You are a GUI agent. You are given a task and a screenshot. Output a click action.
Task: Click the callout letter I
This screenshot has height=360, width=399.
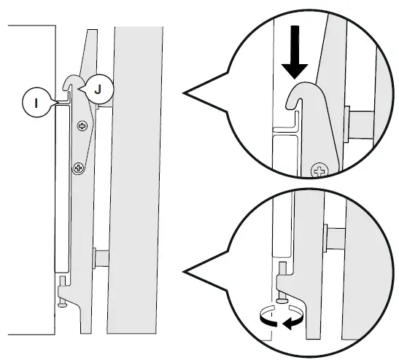[36, 103]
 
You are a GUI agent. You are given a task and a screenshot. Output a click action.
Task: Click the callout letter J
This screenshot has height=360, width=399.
[98, 89]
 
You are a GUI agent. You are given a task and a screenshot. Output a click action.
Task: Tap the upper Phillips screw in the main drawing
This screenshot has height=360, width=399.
[82, 126]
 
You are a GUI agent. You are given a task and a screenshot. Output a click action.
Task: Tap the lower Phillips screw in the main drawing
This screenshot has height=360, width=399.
[79, 168]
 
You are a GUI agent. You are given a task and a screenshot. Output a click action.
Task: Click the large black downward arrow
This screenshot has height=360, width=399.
[295, 52]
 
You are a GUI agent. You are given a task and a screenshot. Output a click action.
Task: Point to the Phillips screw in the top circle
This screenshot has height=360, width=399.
[319, 171]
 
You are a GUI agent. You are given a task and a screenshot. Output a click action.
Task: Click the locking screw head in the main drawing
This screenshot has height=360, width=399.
[61, 305]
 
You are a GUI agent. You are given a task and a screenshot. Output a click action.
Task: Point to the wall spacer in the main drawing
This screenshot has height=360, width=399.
[101, 258]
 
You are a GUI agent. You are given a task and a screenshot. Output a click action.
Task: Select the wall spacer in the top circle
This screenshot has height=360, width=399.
[359, 125]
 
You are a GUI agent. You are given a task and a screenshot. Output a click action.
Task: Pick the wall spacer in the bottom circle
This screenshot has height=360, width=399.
[335, 238]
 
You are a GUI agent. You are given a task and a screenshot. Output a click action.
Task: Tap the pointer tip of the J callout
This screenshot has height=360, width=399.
[79, 89]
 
